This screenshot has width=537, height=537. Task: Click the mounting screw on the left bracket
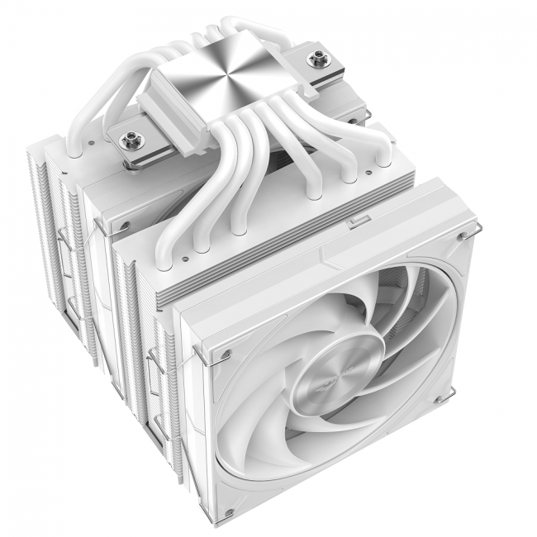131,136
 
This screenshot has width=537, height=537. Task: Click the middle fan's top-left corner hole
123,225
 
